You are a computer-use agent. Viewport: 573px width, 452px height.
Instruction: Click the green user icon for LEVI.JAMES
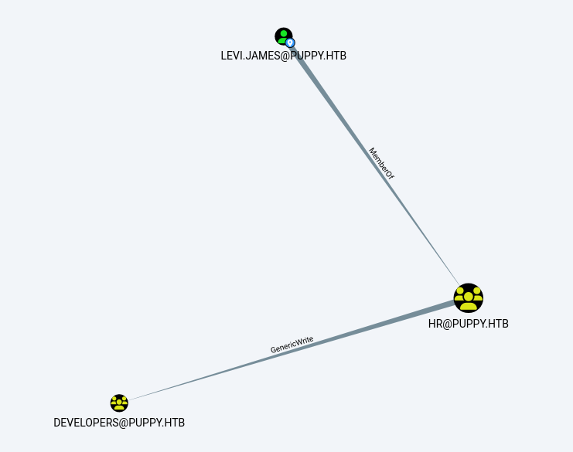(283, 36)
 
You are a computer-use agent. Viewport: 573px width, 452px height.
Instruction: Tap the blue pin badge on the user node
(291, 43)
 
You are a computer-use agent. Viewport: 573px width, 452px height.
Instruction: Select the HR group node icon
(469, 298)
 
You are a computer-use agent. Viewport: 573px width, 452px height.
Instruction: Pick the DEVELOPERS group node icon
(119, 403)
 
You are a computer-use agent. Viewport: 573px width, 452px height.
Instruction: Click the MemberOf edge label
(381, 164)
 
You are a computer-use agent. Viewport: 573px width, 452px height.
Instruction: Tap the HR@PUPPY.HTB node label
(469, 324)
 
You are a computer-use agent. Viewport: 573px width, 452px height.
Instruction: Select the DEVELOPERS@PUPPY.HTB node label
(119, 423)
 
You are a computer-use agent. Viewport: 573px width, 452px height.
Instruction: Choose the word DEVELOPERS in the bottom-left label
(87, 423)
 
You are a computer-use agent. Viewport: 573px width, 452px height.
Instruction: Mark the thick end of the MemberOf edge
(298, 54)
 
